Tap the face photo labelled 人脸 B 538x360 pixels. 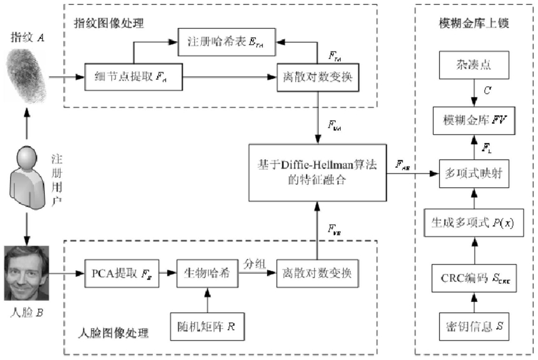point(26,273)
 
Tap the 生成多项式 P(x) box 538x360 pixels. point(474,223)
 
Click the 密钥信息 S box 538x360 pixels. point(474,326)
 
